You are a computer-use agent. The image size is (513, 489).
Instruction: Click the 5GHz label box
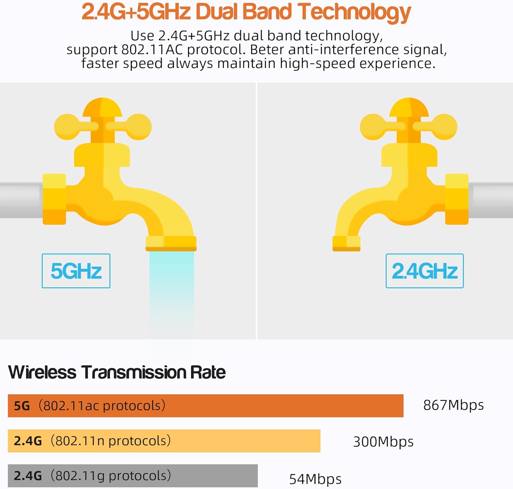coord(76,271)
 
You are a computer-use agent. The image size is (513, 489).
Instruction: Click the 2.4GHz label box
coord(424,271)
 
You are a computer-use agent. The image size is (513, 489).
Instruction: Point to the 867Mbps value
coord(453,405)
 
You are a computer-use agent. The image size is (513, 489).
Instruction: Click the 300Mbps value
coord(383,442)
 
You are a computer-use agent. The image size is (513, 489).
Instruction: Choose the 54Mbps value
coord(315,479)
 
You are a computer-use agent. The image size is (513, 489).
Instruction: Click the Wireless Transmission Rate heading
coord(117,372)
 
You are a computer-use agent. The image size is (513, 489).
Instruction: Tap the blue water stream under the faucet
coord(171,291)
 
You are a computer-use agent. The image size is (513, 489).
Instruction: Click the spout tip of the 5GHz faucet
coord(171,243)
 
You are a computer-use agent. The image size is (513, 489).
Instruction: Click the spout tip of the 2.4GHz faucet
coord(346,243)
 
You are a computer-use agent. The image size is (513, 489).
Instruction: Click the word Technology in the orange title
coord(354,12)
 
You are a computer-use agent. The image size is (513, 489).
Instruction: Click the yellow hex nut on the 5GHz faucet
coord(54,199)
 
